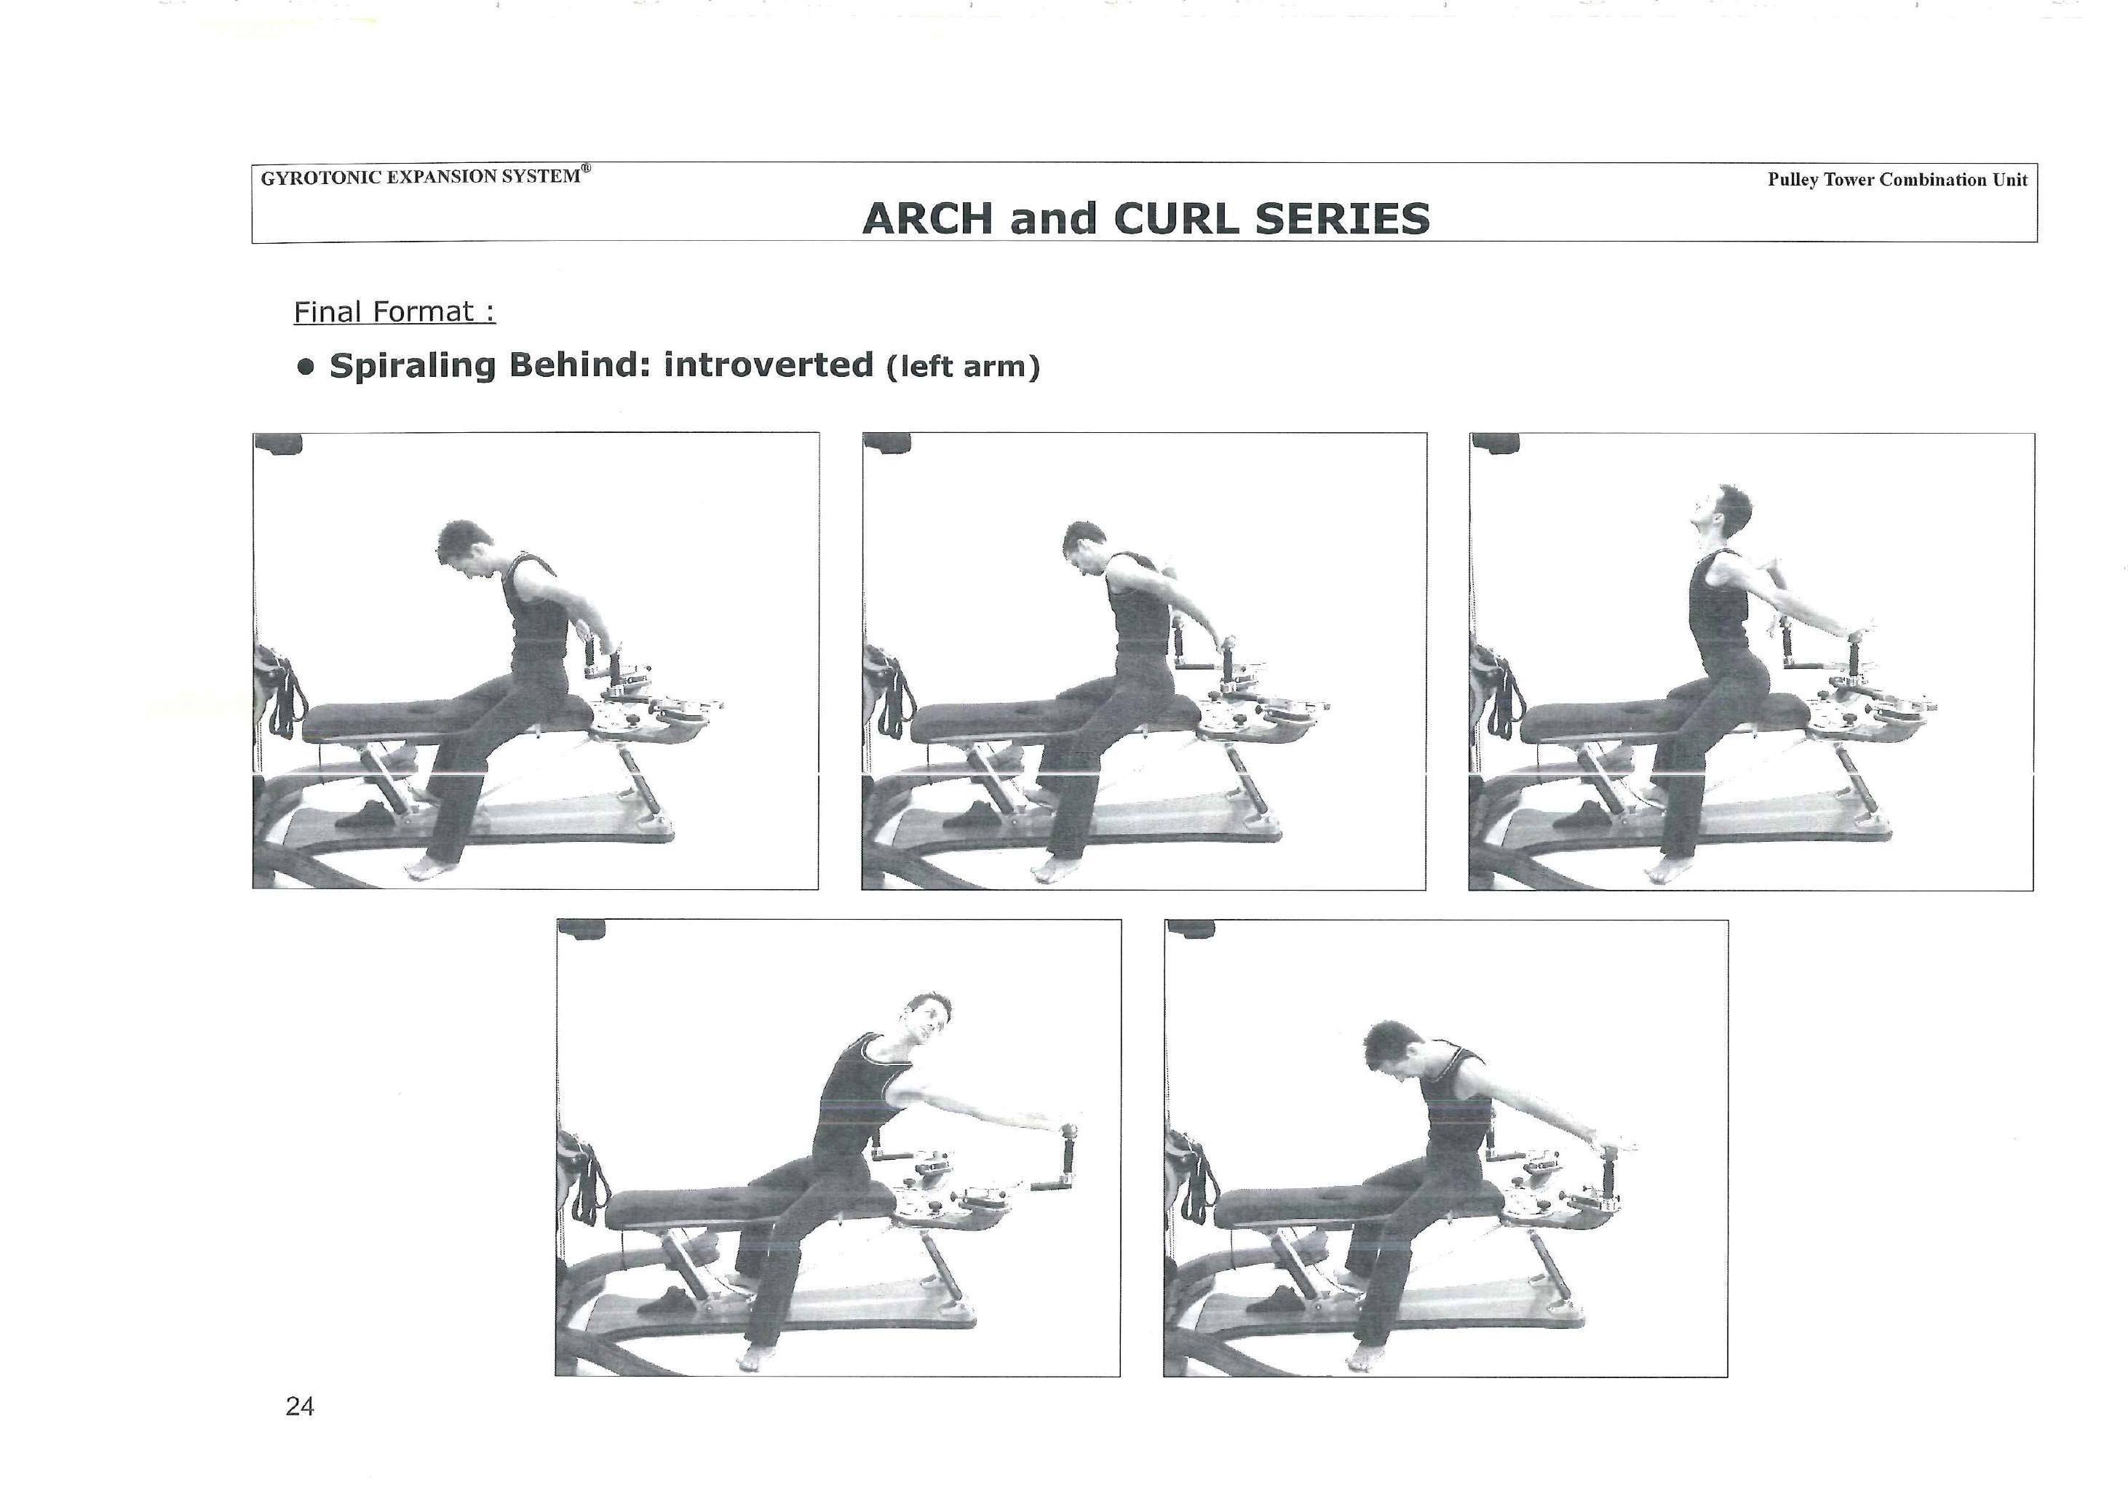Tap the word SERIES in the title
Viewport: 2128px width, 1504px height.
pyautogui.click(x=1342, y=219)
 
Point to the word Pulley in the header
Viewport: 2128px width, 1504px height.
pyautogui.click(x=1792, y=180)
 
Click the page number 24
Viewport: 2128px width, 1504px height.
pyautogui.click(x=299, y=1406)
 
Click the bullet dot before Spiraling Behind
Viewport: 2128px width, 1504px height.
pyautogui.click(x=305, y=367)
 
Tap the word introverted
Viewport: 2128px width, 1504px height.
pyautogui.click(x=769, y=365)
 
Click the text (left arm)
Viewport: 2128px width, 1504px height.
pyautogui.click(x=963, y=367)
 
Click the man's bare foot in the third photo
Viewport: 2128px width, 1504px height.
pyautogui.click(x=1667, y=870)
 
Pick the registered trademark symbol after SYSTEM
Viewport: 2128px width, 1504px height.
pyautogui.click(x=586, y=169)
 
